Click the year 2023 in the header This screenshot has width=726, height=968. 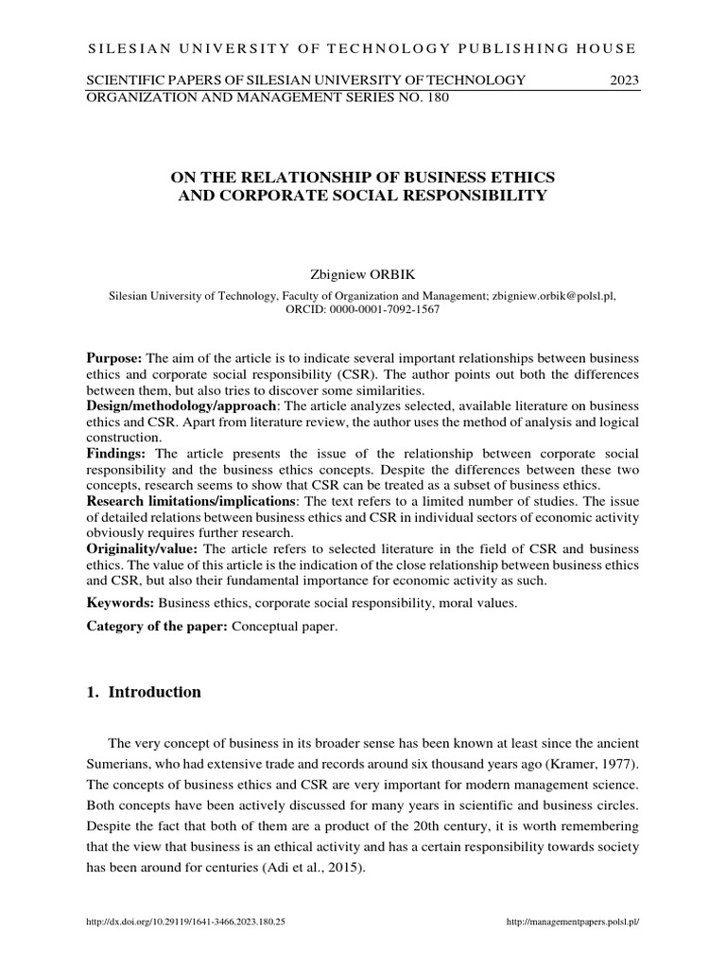625,80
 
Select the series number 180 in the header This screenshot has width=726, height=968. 434,96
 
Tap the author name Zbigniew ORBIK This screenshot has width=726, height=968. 363,274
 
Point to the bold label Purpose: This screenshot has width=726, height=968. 114,360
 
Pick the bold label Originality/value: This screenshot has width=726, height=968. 143,548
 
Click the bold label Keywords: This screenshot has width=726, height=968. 120,601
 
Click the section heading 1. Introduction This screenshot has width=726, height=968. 144,692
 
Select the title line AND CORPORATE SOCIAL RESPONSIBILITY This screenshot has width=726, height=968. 363,196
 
